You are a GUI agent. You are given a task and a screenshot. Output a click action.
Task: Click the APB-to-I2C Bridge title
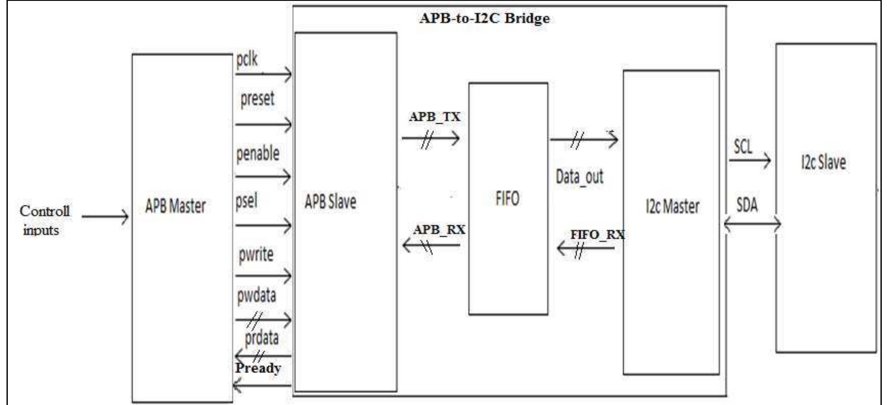tap(484, 18)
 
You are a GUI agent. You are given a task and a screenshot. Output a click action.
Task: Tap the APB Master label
tap(175, 206)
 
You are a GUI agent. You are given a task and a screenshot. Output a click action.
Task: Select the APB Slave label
tap(330, 201)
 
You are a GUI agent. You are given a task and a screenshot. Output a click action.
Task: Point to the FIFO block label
tap(507, 198)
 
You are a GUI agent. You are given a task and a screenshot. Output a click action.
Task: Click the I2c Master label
tap(672, 206)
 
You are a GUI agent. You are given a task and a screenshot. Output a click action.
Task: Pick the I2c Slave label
tap(823, 162)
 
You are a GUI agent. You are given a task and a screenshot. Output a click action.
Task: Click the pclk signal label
tap(247, 59)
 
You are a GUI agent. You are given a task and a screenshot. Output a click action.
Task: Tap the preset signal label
tap(257, 99)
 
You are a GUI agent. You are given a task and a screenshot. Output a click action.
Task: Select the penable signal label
tap(258, 154)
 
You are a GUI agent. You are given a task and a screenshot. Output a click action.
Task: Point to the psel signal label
tap(246, 201)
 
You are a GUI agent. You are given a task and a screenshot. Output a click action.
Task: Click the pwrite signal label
tap(256, 254)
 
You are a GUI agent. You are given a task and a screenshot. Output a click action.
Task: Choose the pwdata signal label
tap(256, 296)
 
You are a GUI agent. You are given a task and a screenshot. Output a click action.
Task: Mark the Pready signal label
tap(258, 368)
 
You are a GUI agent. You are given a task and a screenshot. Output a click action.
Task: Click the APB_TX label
tap(434, 117)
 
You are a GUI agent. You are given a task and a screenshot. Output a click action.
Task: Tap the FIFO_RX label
tap(598, 234)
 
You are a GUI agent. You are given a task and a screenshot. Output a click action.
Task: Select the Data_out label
tap(579, 177)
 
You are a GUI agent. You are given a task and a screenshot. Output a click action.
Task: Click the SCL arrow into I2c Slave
tap(750, 160)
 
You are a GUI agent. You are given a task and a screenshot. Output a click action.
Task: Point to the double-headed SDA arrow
tap(752, 224)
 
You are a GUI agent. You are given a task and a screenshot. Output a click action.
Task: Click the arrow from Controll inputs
tap(105, 216)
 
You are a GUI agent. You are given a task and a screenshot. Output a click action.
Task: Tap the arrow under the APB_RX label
tap(431, 245)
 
